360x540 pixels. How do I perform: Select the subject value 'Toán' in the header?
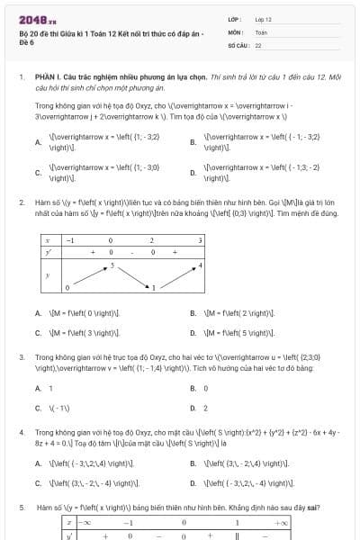click(261, 31)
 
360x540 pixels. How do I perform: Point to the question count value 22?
click(258, 44)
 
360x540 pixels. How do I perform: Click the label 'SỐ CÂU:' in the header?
click(238, 44)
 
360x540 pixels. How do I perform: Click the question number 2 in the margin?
click(21, 202)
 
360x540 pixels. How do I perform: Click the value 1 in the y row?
click(154, 287)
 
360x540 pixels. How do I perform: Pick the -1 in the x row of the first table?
click(70, 241)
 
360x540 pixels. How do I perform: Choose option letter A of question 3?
click(38, 388)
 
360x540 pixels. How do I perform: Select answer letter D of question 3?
click(193, 408)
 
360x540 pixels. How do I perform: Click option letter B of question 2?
click(193, 313)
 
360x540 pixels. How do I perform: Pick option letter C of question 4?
click(38, 483)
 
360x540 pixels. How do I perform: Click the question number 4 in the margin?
click(21, 432)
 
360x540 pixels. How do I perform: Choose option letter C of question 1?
click(38, 172)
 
